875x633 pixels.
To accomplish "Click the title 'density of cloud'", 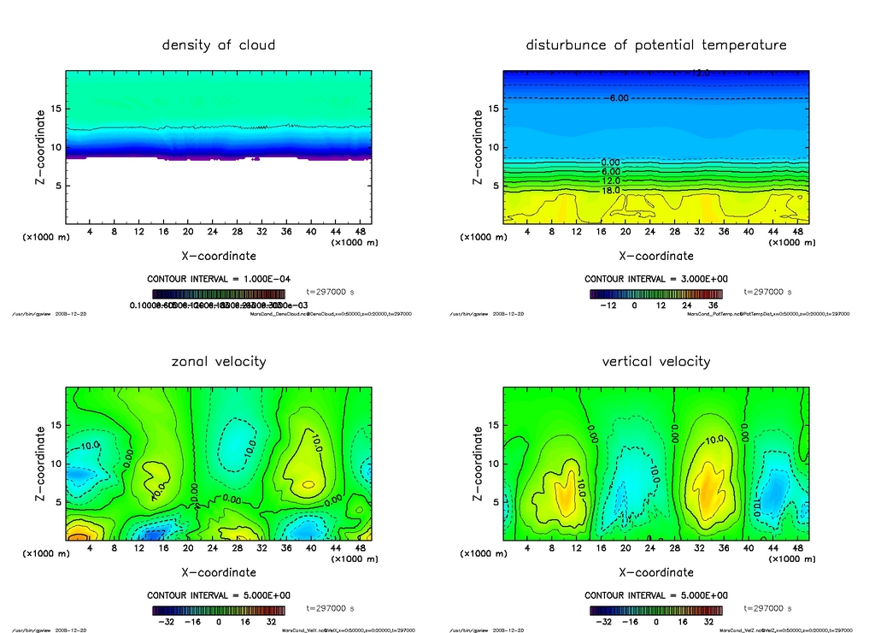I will (x=219, y=45).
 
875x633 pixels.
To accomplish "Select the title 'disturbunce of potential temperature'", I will (x=656, y=45).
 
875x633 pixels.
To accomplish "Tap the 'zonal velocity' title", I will (x=219, y=362).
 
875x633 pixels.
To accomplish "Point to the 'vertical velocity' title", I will (x=656, y=362).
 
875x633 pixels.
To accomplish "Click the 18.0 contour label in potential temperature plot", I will (x=611, y=190).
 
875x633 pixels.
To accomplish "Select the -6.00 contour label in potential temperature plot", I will (x=618, y=98).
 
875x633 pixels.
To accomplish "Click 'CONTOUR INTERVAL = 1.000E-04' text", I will (x=219, y=279).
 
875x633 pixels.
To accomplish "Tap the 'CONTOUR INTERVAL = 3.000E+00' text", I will (x=656, y=279).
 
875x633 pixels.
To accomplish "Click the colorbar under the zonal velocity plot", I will (x=219, y=611).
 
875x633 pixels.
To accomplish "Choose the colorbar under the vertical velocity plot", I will (x=656, y=611).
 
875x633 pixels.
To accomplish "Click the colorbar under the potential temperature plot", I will (x=656, y=293).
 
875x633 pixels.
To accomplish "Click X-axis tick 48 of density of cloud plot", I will (x=361, y=232).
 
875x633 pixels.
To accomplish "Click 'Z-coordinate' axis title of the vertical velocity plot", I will (x=477, y=464).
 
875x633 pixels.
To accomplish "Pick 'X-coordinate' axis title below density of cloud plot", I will (x=219, y=256).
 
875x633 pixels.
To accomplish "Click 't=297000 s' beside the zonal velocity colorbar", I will (x=330, y=608).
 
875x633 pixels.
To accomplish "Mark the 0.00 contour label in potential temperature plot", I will (x=611, y=162).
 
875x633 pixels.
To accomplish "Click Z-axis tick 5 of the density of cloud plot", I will (x=57, y=186).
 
